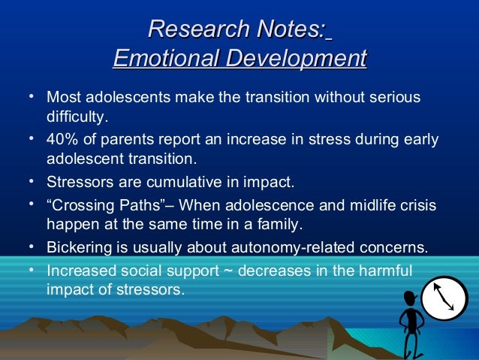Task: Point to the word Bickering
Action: pos(78,249)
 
